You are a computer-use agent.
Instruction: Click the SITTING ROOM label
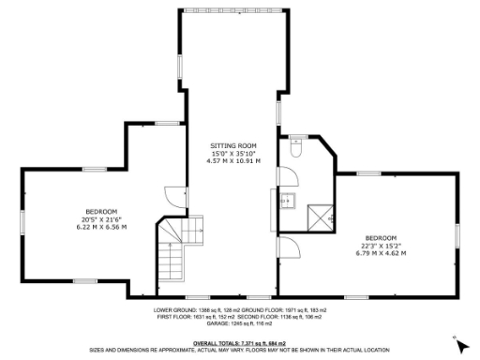(232, 145)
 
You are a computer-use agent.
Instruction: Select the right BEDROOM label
(382, 237)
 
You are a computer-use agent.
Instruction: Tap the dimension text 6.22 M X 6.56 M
(101, 226)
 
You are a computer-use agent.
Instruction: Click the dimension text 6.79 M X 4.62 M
(382, 252)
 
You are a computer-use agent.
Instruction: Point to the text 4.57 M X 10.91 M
(232, 160)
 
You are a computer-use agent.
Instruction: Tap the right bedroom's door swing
(290, 248)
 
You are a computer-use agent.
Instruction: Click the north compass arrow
(461, 343)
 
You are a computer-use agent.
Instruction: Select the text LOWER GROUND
(174, 308)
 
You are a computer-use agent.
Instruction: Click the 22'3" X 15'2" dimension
(382, 245)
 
